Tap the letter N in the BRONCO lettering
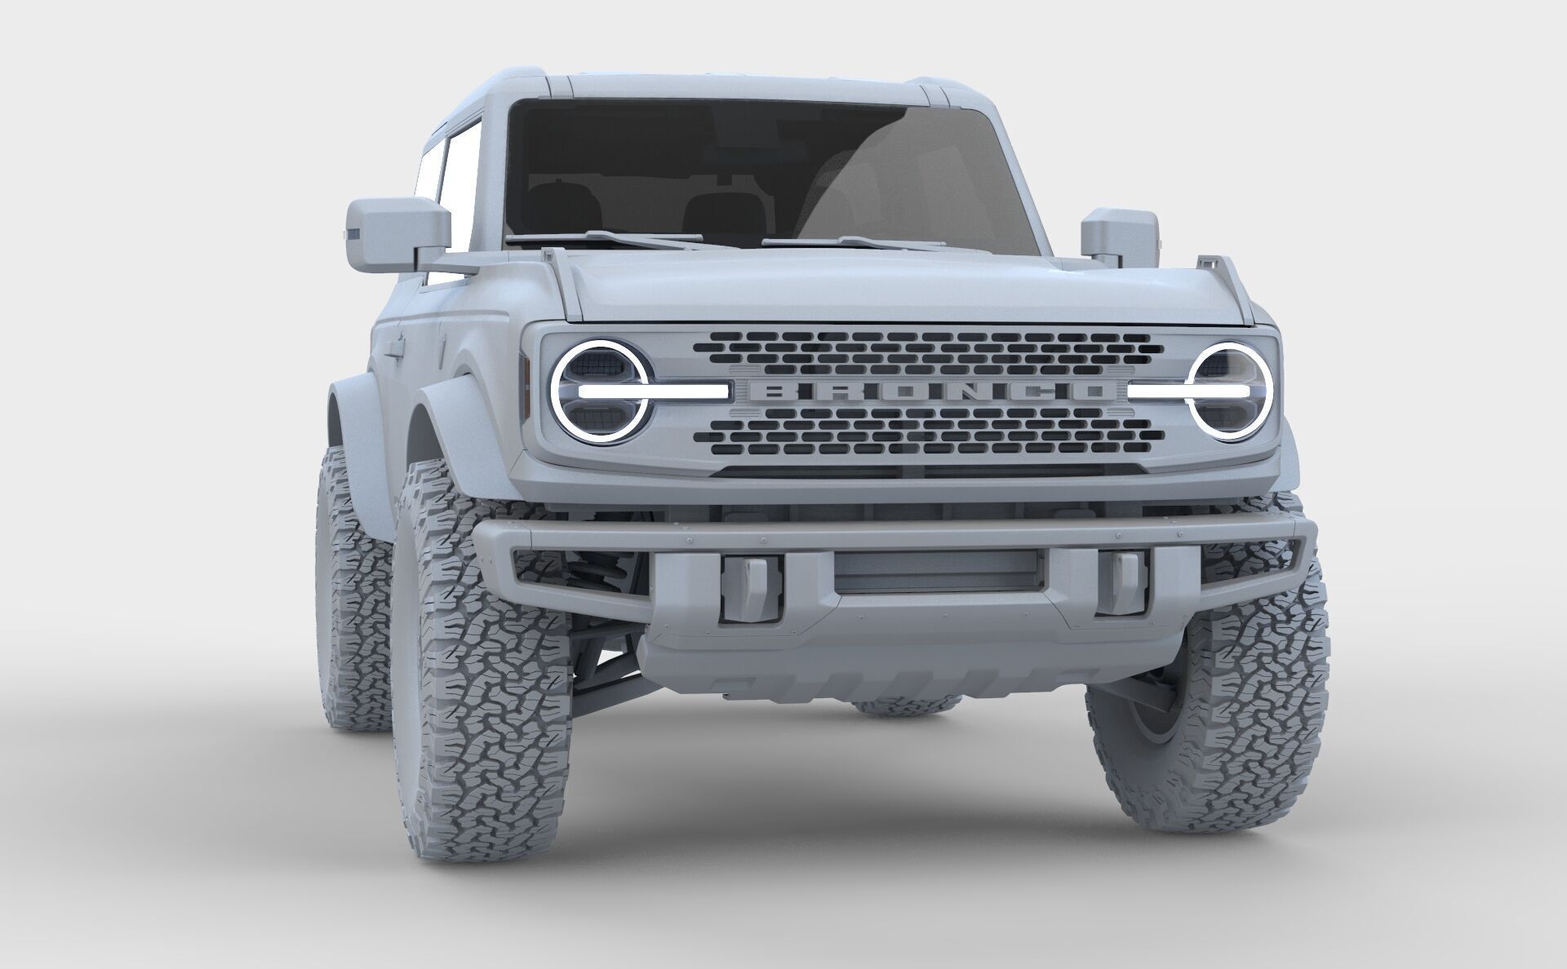pos(958,392)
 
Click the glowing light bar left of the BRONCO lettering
pos(653,392)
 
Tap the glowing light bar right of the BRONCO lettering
pos(1188,392)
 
